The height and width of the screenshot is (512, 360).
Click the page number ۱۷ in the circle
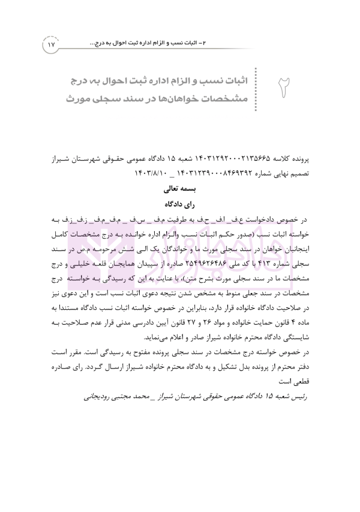click(x=51, y=44)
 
